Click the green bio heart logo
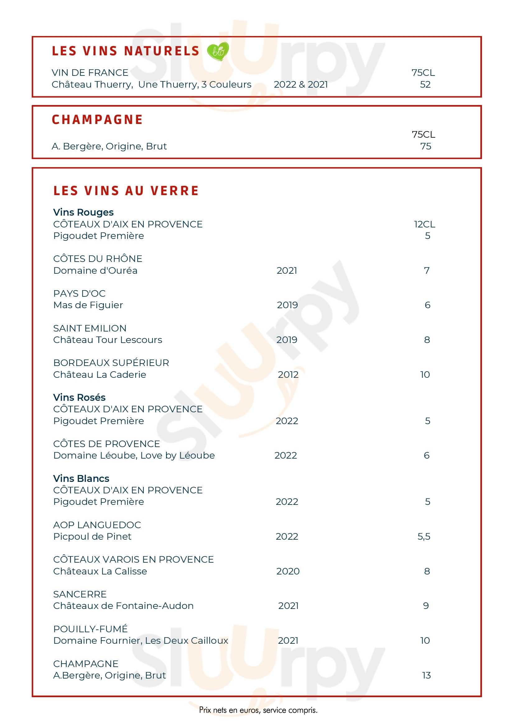tap(218, 51)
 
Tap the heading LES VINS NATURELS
tap(126, 51)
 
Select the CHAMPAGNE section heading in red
tap(97, 120)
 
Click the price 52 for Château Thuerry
tap(425, 85)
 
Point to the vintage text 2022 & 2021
tap(300, 85)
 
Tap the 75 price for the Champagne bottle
tap(425, 146)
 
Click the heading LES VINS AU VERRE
tap(126, 191)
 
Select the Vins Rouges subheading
tap(83, 212)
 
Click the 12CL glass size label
tap(424, 224)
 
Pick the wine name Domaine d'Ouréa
tap(95, 270)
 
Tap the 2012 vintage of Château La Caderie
tap(288, 375)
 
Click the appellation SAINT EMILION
tap(90, 328)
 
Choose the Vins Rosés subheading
tap(79, 397)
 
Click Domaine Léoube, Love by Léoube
tap(134, 455)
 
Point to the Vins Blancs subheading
tap(81, 478)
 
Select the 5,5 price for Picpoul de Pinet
tap(424, 536)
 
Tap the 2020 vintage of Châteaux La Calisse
tap(288, 571)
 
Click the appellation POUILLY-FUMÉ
tap(90, 629)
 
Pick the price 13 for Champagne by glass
tap(426, 675)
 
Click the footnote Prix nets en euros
tap(258, 710)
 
